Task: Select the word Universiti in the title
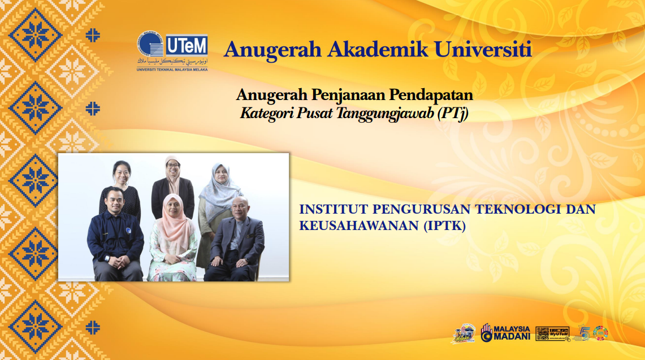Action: click(483, 49)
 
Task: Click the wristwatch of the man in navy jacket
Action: click(106, 258)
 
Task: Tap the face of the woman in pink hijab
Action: click(172, 207)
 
